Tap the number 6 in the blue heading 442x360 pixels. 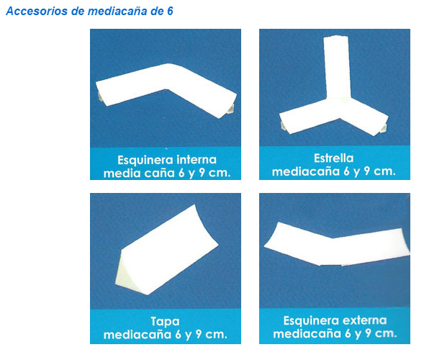[170, 11]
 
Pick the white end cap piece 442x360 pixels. [167, 250]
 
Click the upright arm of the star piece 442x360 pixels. [337, 67]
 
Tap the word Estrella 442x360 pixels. [334, 158]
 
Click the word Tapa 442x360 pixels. [165, 322]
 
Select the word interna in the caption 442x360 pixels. [197, 160]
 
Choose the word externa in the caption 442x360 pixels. [364, 320]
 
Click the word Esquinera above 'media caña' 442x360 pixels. [145, 160]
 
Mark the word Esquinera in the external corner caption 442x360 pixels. [311, 321]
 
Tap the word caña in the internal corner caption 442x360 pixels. [160, 173]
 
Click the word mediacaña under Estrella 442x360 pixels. [306, 171]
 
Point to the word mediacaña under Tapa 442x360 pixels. [137, 334]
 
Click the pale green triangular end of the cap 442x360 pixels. [125, 274]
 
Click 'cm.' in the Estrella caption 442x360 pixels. [384, 171]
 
